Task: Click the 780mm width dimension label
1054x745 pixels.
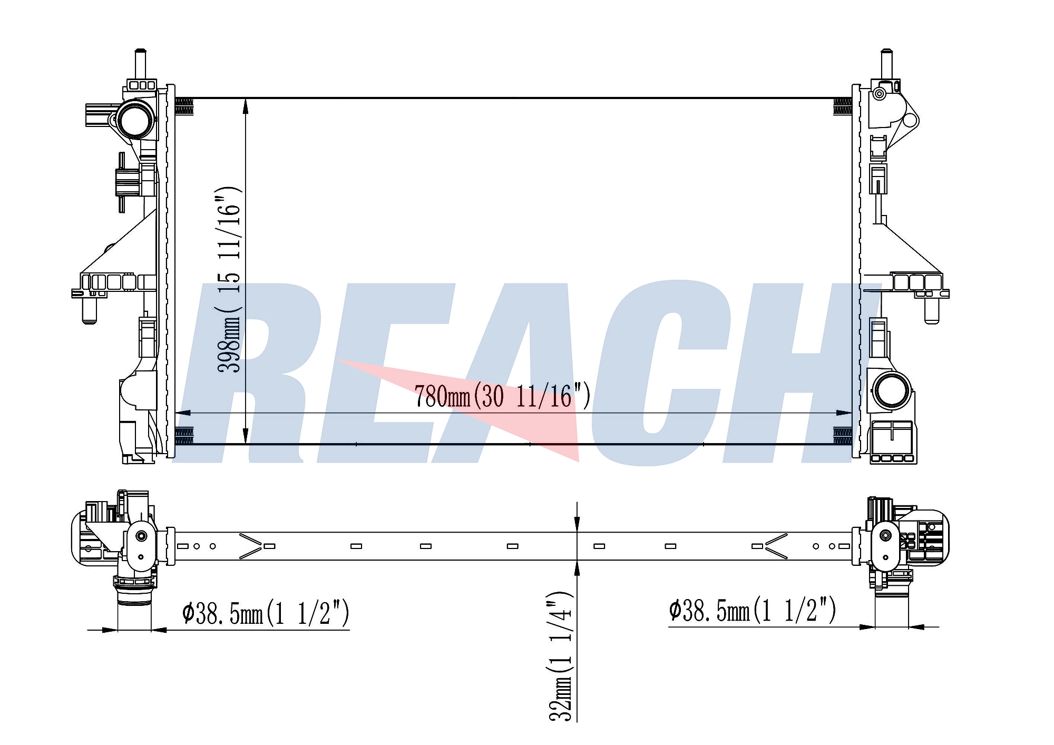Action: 502,396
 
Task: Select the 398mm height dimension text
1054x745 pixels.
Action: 229,279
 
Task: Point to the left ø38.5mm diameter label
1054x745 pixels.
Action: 266,612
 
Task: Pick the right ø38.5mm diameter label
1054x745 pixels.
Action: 753,610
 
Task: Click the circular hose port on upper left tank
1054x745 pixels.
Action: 135,119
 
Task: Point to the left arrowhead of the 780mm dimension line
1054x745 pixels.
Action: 182,413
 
